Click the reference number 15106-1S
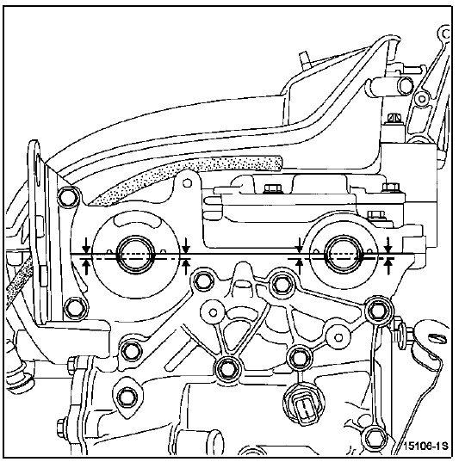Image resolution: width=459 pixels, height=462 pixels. [x=425, y=446]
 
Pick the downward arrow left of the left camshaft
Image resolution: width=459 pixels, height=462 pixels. [x=86, y=245]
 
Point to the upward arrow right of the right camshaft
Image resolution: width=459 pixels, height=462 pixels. [x=389, y=267]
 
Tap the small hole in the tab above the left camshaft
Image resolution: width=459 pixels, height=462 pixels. [x=187, y=183]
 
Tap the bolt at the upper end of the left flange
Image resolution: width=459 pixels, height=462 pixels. [x=69, y=197]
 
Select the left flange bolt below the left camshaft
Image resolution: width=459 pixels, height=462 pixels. [x=75, y=308]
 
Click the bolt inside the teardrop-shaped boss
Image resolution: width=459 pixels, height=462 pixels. [x=127, y=397]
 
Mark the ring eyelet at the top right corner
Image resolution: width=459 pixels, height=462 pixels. [x=445, y=34]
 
